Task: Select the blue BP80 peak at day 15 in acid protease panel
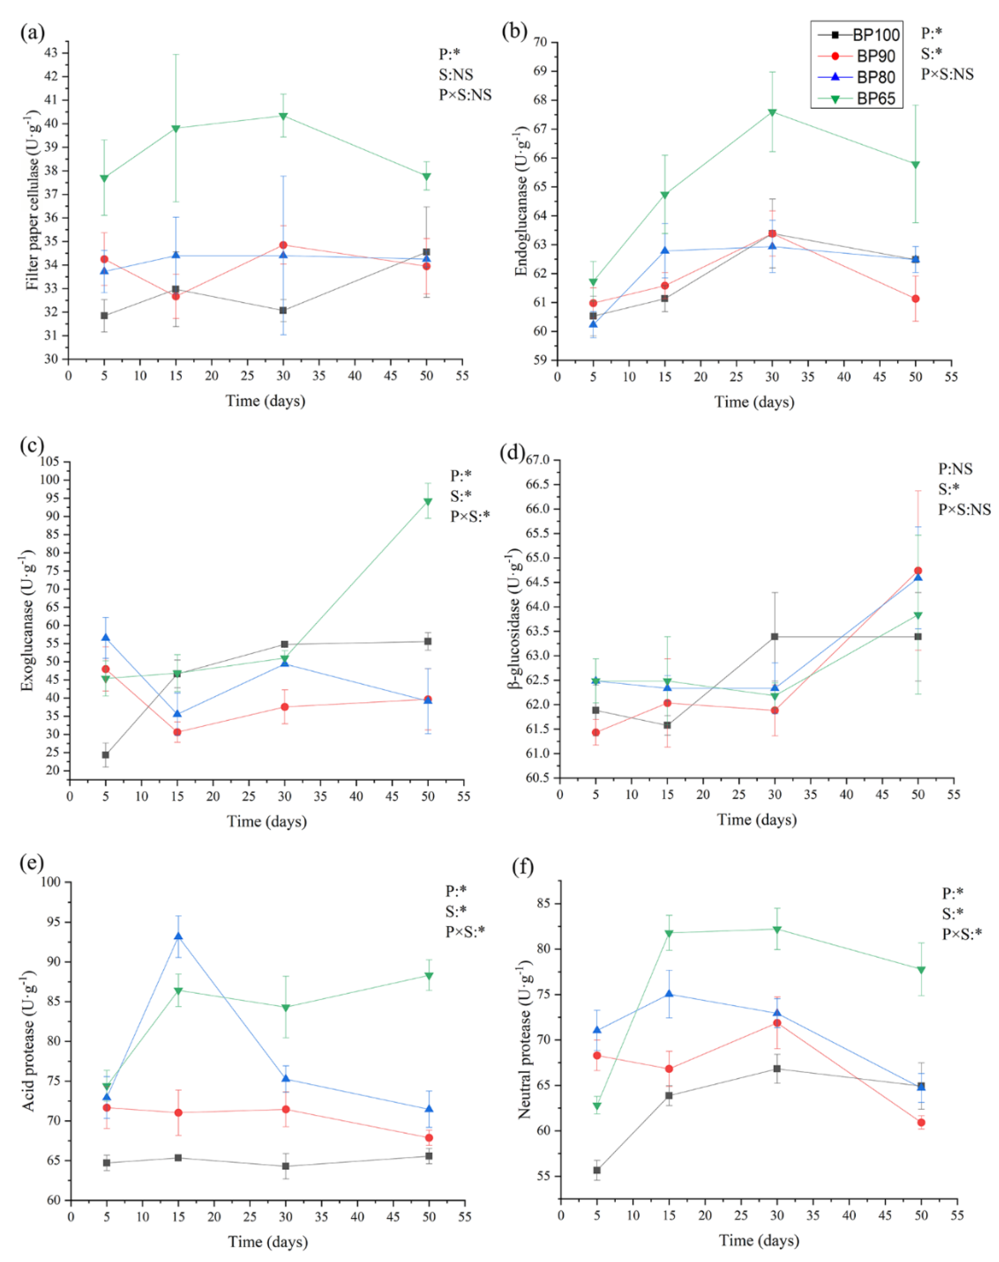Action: click(178, 937)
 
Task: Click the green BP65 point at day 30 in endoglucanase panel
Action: click(772, 112)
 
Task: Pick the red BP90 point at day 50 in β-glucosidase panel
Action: click(918, 571)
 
